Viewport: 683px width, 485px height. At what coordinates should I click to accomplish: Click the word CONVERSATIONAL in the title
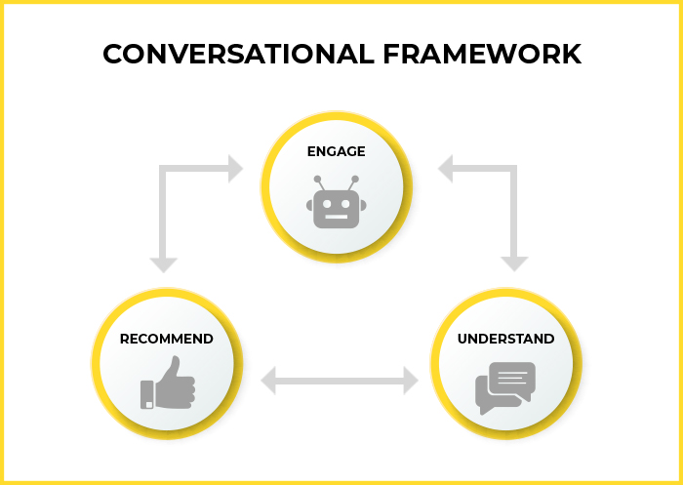click(238, 54)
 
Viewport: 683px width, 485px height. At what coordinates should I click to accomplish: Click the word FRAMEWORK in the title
click(482, 54)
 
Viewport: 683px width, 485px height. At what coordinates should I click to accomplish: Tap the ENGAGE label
click(337, 151)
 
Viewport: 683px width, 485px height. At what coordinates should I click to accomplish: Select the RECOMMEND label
click(167, 339)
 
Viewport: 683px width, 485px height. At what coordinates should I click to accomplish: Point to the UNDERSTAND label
click(505, 339)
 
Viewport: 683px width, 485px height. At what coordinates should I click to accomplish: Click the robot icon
click(337, 202)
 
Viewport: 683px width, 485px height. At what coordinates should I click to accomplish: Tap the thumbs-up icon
click(168, 383)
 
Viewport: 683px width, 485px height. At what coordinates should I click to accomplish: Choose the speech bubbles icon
click(505, 388)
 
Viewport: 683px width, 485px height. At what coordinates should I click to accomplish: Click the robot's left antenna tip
click(317, 180)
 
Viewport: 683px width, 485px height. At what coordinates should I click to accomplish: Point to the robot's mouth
click(337, 217)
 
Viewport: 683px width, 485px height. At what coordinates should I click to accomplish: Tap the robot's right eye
click(345, 204)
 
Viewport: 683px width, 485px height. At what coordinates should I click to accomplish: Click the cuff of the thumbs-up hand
click(147, 395)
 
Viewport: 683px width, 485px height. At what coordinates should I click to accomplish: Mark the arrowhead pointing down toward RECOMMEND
click(163, 264)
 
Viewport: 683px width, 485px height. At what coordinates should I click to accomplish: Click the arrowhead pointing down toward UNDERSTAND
click(514, 264)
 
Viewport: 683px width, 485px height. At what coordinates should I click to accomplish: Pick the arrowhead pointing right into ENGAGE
click(236, 169)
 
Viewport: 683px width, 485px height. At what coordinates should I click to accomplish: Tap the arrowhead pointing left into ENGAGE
click(445, 169)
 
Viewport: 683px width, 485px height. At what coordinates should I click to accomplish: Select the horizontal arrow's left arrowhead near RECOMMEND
click(268, 381)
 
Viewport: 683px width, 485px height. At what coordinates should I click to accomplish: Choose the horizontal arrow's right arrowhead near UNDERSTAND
click(411, 381)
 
